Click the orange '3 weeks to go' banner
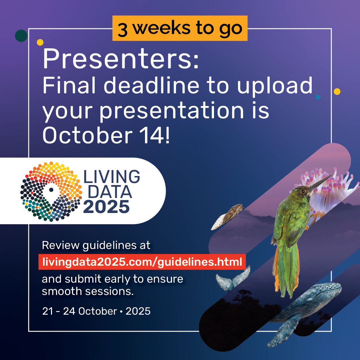pos(180,28)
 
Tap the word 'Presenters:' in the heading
pos(121,58)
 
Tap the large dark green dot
pos(21,36)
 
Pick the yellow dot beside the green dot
pos(40,42)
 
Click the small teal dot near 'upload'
pos(318,97)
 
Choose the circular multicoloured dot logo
pos(51,191)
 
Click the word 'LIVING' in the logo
pos(112,177)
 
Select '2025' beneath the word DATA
pos(106,207)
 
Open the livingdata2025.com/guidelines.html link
pos(142,262)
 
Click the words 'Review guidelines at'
pos(96,245)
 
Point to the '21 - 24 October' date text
pos(79,311)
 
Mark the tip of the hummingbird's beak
pos(332,174)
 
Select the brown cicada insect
pos(228,217)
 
